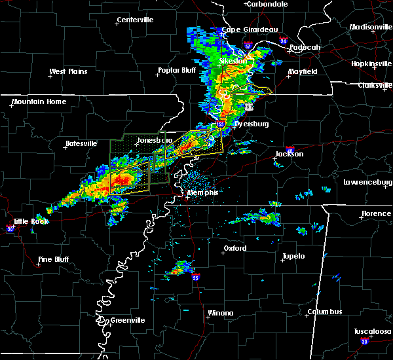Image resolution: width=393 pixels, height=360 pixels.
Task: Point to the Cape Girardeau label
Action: (x=250, y=29)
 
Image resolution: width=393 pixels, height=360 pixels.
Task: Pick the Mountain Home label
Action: (x=39, y=101)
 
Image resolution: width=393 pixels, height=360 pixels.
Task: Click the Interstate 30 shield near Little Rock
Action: (x=10, y=228)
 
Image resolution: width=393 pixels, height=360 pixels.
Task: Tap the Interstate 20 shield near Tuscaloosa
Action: (x=364, y=341)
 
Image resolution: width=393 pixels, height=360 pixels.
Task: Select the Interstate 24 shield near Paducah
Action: (x=283, y=41)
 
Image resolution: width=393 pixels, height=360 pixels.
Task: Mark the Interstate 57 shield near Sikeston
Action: (x=248, y=46)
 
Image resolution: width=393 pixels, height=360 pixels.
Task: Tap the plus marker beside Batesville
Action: (x=64, y=148)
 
